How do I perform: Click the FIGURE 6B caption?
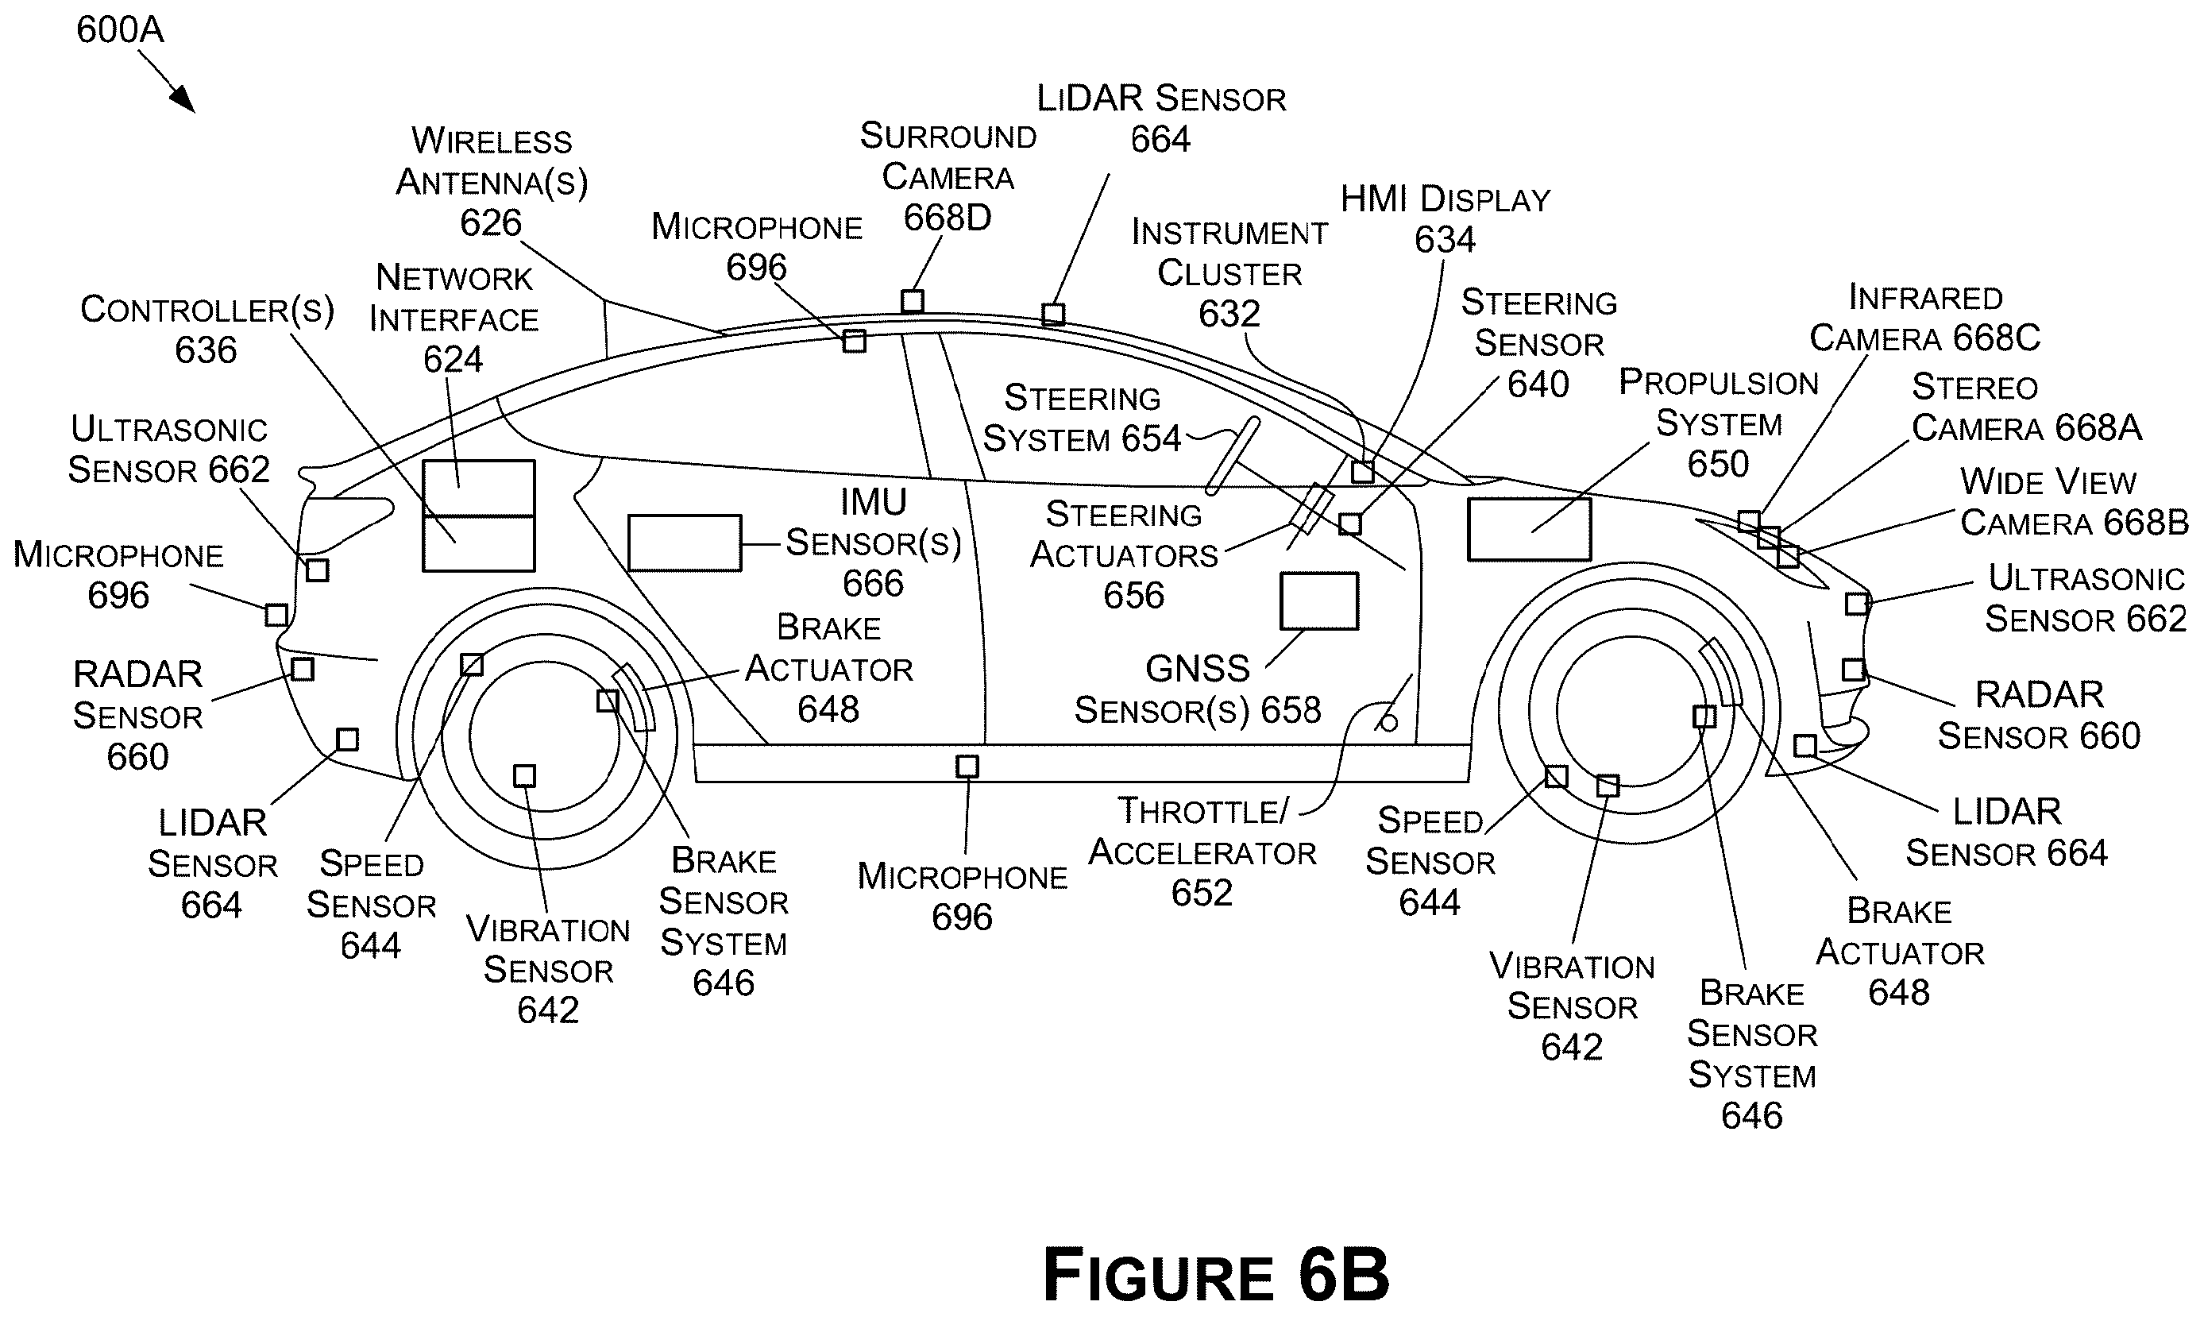click(1215, 1274)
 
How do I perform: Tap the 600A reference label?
click(120, 29)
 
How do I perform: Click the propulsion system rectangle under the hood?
click(1529, 529)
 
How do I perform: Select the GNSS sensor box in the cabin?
click(1318, 601)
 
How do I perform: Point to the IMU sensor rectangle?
click(684, 543)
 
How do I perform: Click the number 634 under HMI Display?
click(1445, 240)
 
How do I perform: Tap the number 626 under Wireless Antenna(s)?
click(491, 222)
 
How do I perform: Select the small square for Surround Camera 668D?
click(912, 301)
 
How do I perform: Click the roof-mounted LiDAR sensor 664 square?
click(1053, 315)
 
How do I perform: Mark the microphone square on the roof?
click(854, 341)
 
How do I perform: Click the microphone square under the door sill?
click(967, 766)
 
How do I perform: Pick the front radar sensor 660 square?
click(1854, 669)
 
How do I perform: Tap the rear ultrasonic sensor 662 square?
click(317, 570)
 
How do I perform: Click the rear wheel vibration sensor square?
click(524, 775)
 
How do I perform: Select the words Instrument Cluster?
click(1229, 253)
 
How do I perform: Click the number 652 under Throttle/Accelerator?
click(1202, 893)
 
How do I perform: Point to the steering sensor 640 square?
click(1349, 523)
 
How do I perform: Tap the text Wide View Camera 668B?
click(2075, 502)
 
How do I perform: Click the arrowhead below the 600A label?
click(184, 101)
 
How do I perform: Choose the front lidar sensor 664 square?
click(1805, 745)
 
